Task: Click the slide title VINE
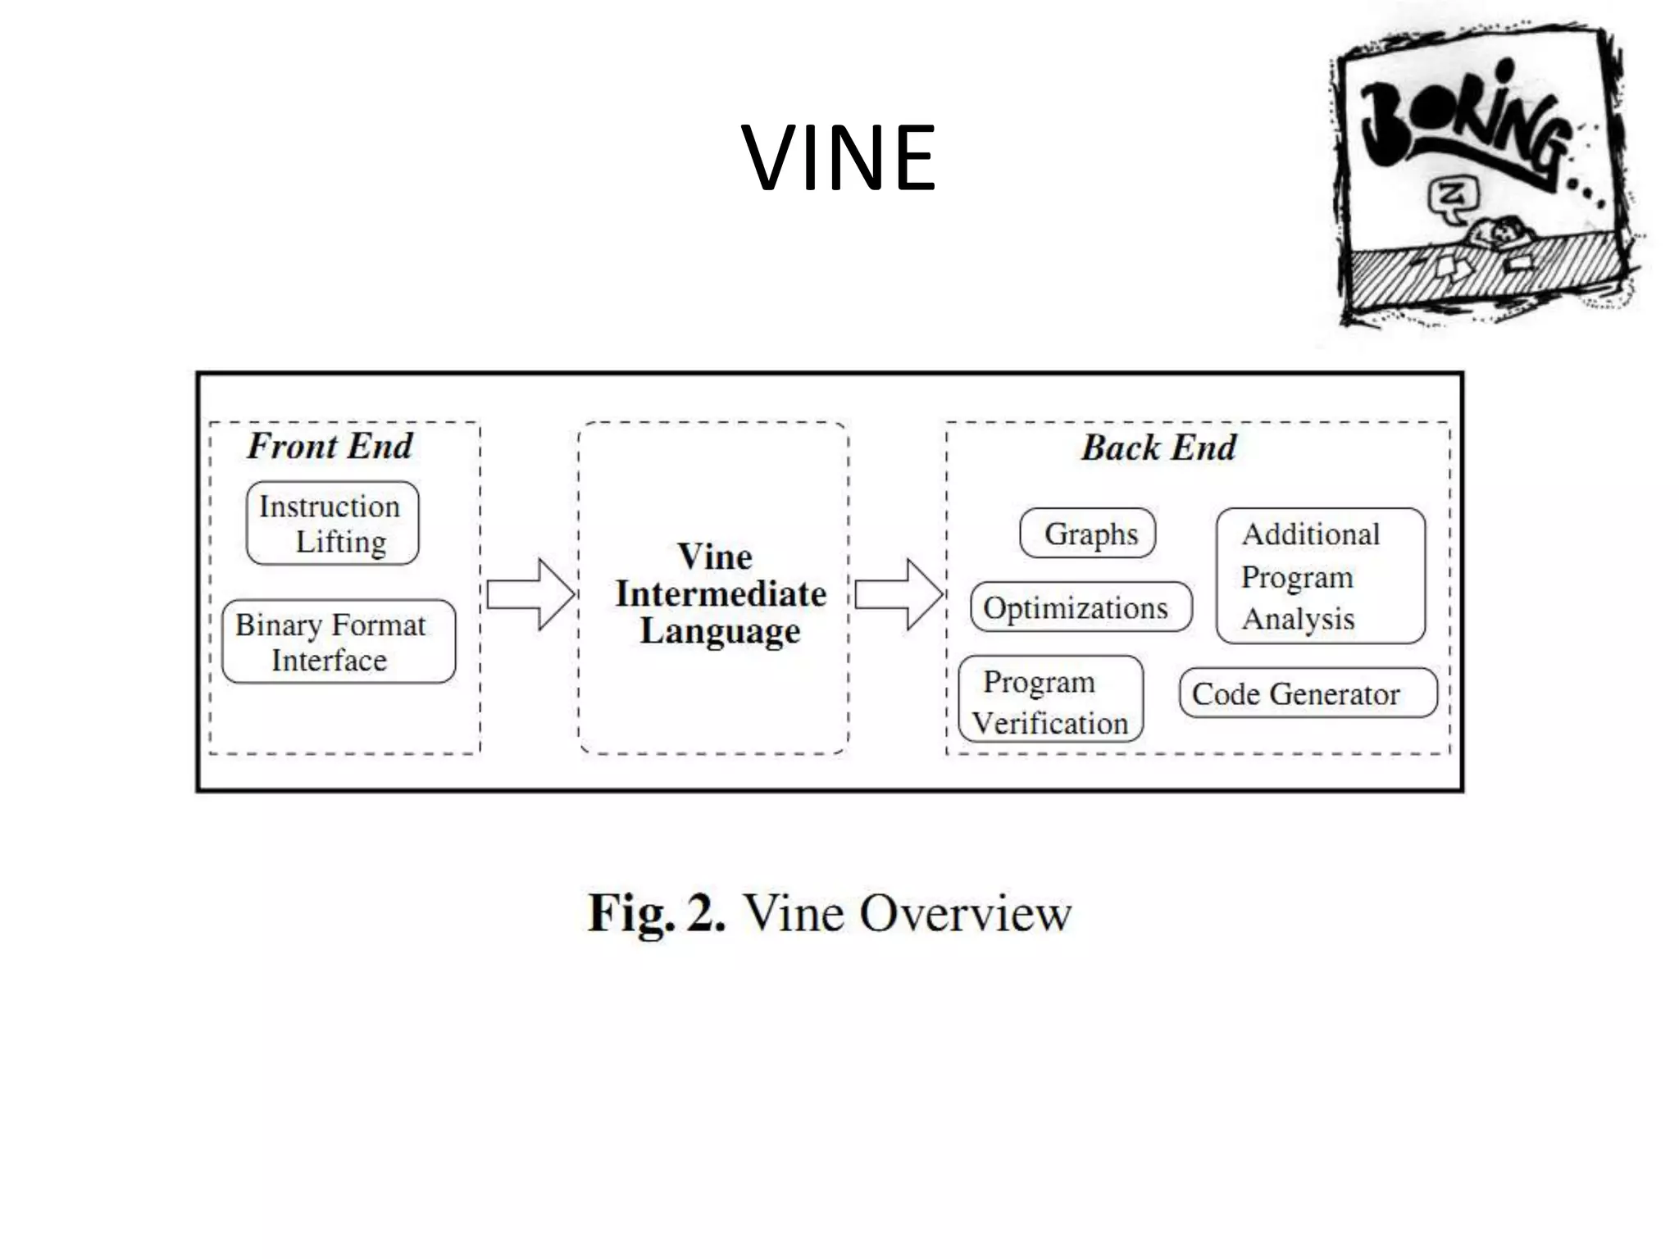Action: click(x=838, y=157)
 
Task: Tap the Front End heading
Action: click(x=330, y=446)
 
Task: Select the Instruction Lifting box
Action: click(x=332, y=523)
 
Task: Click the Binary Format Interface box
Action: click(x=338, y=642)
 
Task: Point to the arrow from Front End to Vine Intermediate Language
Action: click(x=530, y=594)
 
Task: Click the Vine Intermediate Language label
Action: click(x=720, y=593)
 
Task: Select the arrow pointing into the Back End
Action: click(x=898, y=594)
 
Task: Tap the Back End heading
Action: click(x=1158, y=448)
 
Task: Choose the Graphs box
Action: click(x=1088, y=534)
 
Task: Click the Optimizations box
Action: click(x=1080, y=607)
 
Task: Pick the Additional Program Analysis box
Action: click(x=1320, y=576)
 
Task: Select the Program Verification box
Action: click(x=1050, y=700)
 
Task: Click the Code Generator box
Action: click(x=1307, y=693)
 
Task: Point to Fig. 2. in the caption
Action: click(x=656, y=912)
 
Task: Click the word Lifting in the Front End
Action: click(x=340, y=542)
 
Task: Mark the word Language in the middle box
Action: click(x=720, y=631)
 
